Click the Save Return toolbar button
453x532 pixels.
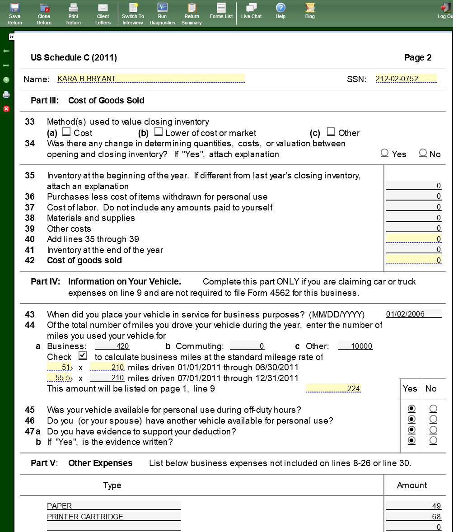pos(14,13)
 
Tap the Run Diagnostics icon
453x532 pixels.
pos(162,13)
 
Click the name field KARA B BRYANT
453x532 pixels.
pos(151,79)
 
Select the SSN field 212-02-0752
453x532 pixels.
pos(406,79)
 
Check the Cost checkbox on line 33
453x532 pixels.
pos(66,132)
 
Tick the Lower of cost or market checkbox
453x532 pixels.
pos(158,132)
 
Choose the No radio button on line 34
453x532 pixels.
pos(423,153)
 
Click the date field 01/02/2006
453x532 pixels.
pos(414,314)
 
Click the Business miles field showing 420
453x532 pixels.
pos(112,346)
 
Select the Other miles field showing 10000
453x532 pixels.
pos(355,346)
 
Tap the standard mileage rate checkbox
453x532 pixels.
pos(82,356)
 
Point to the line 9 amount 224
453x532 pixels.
pos(333,388)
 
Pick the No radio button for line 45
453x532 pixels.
pos(433,409)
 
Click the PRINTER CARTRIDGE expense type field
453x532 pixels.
pos(113,517)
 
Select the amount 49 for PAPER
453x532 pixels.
pos(414,506)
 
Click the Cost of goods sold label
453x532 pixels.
pos(84,261)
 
